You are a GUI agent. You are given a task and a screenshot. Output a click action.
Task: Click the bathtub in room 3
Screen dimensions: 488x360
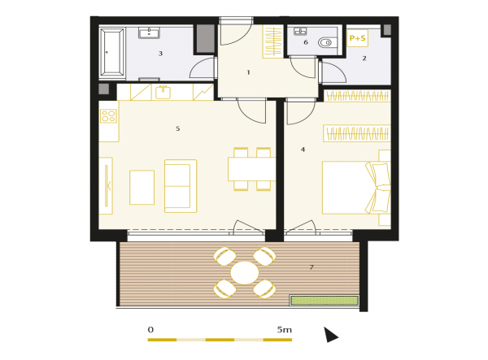[112, 52]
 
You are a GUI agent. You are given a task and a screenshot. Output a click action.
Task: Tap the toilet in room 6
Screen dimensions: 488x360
[325, 42]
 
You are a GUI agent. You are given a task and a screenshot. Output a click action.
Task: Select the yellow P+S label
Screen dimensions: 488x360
[357, 38]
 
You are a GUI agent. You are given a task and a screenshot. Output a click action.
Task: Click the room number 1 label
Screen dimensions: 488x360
[248, 72]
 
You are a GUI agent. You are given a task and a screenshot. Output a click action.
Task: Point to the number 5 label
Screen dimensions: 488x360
[177, 128]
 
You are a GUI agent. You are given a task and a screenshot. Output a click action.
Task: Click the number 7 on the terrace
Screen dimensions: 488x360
[312, 267]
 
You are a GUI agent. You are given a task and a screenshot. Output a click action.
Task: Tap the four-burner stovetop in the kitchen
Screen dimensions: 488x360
[109, 116]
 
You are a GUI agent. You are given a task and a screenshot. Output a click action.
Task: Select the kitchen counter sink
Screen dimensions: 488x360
[163, 93]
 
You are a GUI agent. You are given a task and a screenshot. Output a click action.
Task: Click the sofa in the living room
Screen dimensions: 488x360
[181, 186]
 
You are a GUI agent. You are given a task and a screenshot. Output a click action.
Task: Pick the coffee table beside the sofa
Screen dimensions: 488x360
[142, 188]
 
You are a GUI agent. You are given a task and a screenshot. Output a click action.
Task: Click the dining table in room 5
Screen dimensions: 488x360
[252, 169]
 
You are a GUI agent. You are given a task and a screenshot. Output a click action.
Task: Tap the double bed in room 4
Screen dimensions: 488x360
[356, 188]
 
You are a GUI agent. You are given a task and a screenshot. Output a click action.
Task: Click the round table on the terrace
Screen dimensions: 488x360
[245, 273]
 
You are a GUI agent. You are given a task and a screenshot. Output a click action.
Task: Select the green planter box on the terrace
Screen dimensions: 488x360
[325, 301]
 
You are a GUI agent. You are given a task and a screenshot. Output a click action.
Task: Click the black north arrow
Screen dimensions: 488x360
[330, 335]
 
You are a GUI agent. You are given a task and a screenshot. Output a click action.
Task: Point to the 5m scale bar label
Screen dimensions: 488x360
[285, 330]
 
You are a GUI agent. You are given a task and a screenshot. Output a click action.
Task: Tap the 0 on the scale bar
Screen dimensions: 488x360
[150, 330]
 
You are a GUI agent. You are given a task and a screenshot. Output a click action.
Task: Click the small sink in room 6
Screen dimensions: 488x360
[300, 31]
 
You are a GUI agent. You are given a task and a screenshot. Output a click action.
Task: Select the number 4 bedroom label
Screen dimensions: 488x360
[303, 150]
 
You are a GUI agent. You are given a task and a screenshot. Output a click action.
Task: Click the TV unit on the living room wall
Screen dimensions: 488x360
[106, 186]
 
